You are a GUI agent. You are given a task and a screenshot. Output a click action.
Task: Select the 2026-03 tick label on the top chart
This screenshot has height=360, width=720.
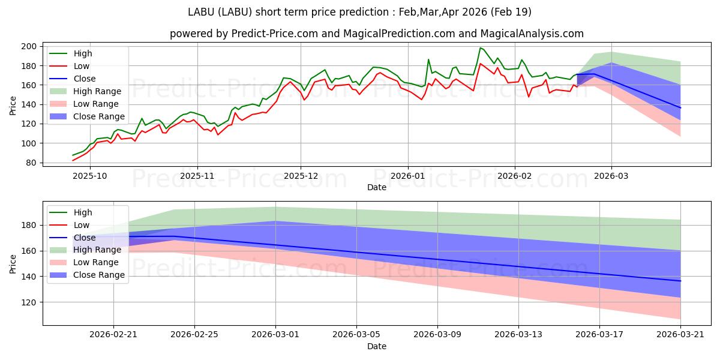[611, 176]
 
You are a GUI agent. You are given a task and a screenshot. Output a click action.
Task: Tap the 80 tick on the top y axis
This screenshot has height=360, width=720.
[31, 163]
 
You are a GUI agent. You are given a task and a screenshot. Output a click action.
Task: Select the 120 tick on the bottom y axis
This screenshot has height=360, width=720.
[29, 302]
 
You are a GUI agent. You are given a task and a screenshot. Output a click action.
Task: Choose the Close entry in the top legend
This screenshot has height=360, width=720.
[84, 79]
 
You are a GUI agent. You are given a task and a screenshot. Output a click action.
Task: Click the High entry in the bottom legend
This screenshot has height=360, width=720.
[82, 212]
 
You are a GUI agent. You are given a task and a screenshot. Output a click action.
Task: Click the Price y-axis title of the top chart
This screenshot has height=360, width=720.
[13, 104]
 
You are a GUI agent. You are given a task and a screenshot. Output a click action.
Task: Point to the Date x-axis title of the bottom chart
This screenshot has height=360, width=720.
[377, 346]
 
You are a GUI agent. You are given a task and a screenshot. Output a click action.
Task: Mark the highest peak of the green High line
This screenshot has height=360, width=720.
[480, 47]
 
